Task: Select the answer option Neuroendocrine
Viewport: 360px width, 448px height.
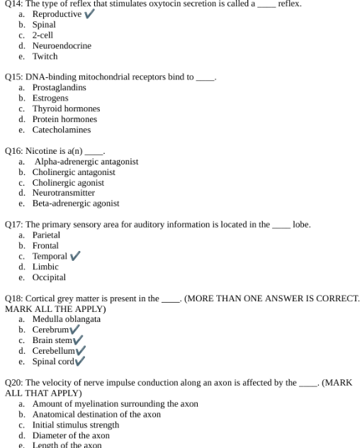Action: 62,46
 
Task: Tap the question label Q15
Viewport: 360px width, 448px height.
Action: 13,77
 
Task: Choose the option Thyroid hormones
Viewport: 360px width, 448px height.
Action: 66,108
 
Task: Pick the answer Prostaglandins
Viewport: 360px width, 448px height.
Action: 60,87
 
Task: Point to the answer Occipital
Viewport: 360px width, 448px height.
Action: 49,277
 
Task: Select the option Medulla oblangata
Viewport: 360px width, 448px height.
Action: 67,319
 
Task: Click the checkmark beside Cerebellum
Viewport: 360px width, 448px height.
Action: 80,351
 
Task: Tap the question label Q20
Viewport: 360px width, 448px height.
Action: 13,383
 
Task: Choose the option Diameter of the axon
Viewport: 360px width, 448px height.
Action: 71,435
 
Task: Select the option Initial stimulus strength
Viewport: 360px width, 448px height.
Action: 76,425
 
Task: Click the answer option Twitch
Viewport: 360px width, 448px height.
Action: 45,57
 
